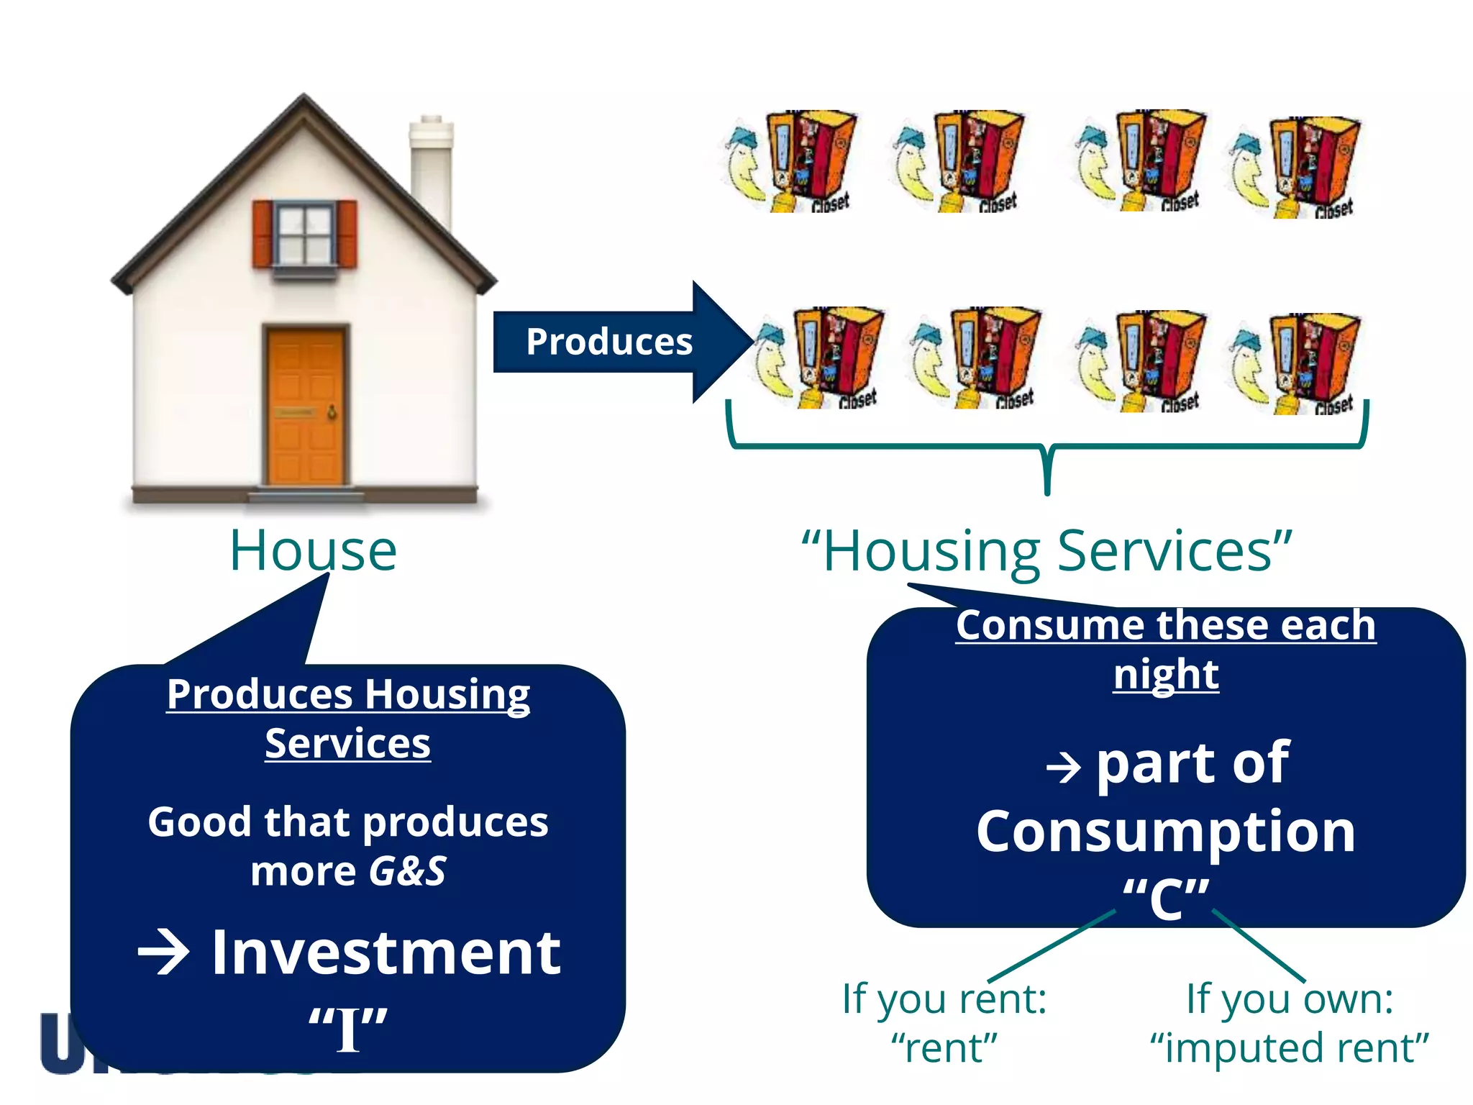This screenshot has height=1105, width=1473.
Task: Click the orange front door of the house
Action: click(x=306, y=406)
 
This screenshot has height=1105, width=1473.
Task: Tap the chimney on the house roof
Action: click(x=431, y=173)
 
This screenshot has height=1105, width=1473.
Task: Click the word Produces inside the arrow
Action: click(x=608, y=342)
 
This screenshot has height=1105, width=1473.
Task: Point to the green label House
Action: click(x=313, y=551)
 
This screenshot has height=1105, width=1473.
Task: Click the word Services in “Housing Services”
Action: click(x=1165, y=551)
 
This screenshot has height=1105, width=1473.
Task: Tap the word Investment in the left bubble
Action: click(x=386, y=953)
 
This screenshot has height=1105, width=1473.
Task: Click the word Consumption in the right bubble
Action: click(x=1165, y=832)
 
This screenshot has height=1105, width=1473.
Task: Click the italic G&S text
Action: click(x=408, y=871)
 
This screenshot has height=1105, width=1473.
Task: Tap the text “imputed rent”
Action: click(x=1289, y=1048)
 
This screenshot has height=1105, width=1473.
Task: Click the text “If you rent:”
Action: click(x=944, y=999)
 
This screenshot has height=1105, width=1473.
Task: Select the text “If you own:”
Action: click(x=1289, y=999)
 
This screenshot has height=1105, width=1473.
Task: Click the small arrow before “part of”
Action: click(x=1063, y=768)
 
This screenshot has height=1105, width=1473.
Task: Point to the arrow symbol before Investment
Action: click(x=163, y=952)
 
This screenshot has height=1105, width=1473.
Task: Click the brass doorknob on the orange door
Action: click(x=332, y=412)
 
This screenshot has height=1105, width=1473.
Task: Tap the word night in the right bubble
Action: click(x=1165, y=674)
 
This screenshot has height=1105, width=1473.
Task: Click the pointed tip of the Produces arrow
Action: click(x=748, y=342)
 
